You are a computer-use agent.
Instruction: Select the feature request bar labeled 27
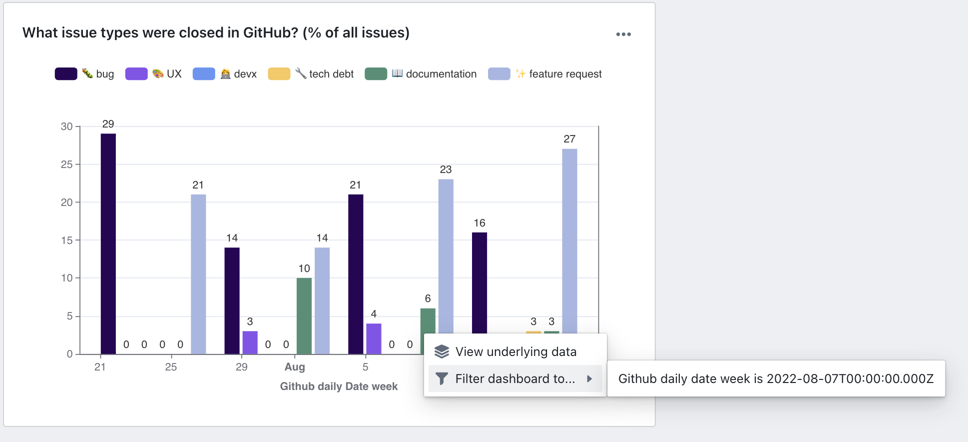click(569, 240)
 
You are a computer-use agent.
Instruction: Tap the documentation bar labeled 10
click(304, 315)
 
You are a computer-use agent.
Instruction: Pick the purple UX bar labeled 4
click(374, 338)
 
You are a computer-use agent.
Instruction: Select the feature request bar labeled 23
click(446, 255)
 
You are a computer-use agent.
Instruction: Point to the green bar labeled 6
click(428, 320)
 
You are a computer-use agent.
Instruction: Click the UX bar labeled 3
click(250, 342)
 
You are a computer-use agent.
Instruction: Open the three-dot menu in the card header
click(623, 34)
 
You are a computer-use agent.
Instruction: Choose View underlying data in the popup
click(515, 352)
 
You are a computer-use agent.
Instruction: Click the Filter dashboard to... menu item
click(514, 379)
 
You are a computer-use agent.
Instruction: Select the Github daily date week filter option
click(775, 379)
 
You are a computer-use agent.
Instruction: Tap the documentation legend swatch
click(376, 74)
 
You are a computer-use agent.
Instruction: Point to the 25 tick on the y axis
click(66, 164)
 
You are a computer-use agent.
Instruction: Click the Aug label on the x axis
click(295, 367)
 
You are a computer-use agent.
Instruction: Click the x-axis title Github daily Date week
click(339, 386)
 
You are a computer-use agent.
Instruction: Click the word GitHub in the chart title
click(270, 33)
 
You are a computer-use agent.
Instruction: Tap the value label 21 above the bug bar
click(355, 185)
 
